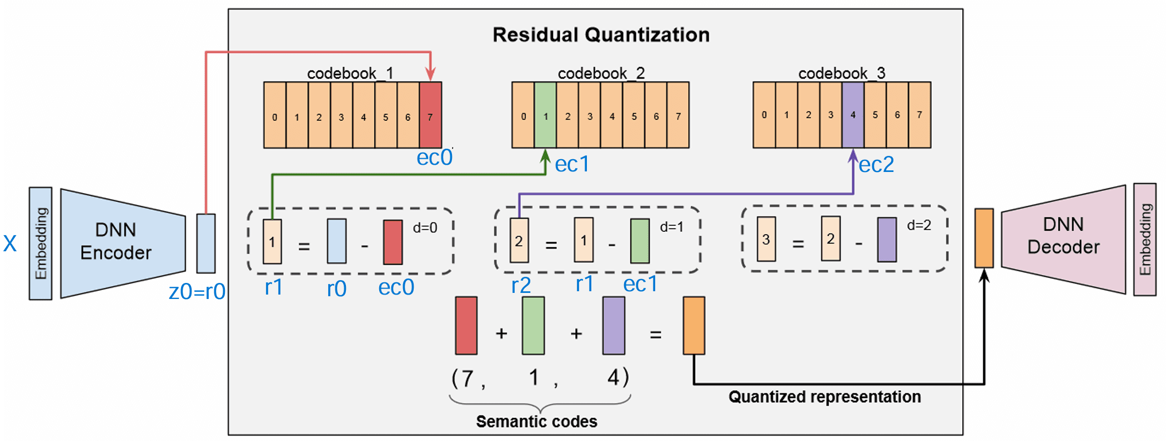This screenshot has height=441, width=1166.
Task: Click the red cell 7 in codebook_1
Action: [430, 115]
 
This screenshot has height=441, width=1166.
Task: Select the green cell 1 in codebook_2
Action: [545, 115]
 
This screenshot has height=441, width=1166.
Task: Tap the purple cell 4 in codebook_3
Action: [853, 115]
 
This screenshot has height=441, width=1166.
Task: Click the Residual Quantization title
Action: [601, 35]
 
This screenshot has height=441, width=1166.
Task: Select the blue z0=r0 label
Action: [197, 291]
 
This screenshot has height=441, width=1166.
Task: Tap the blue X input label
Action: [10, 244]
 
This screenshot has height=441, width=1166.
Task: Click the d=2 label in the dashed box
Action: [919, 225]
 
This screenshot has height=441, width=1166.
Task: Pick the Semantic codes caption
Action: [536, 422]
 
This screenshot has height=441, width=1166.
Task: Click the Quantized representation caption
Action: [825, 397]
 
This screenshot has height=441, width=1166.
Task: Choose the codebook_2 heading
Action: [601, 73]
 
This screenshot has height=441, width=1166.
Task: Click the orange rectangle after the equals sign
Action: [693, 326]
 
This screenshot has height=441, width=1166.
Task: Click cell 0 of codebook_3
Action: [764, 115]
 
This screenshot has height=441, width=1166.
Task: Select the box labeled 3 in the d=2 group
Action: [766, 239]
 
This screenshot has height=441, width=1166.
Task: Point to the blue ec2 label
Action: [876, 165]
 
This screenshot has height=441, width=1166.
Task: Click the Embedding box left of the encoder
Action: [41, 244]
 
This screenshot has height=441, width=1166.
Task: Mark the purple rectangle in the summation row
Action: [614, 326]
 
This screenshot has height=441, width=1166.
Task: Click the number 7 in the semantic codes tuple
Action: [468, 378]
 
